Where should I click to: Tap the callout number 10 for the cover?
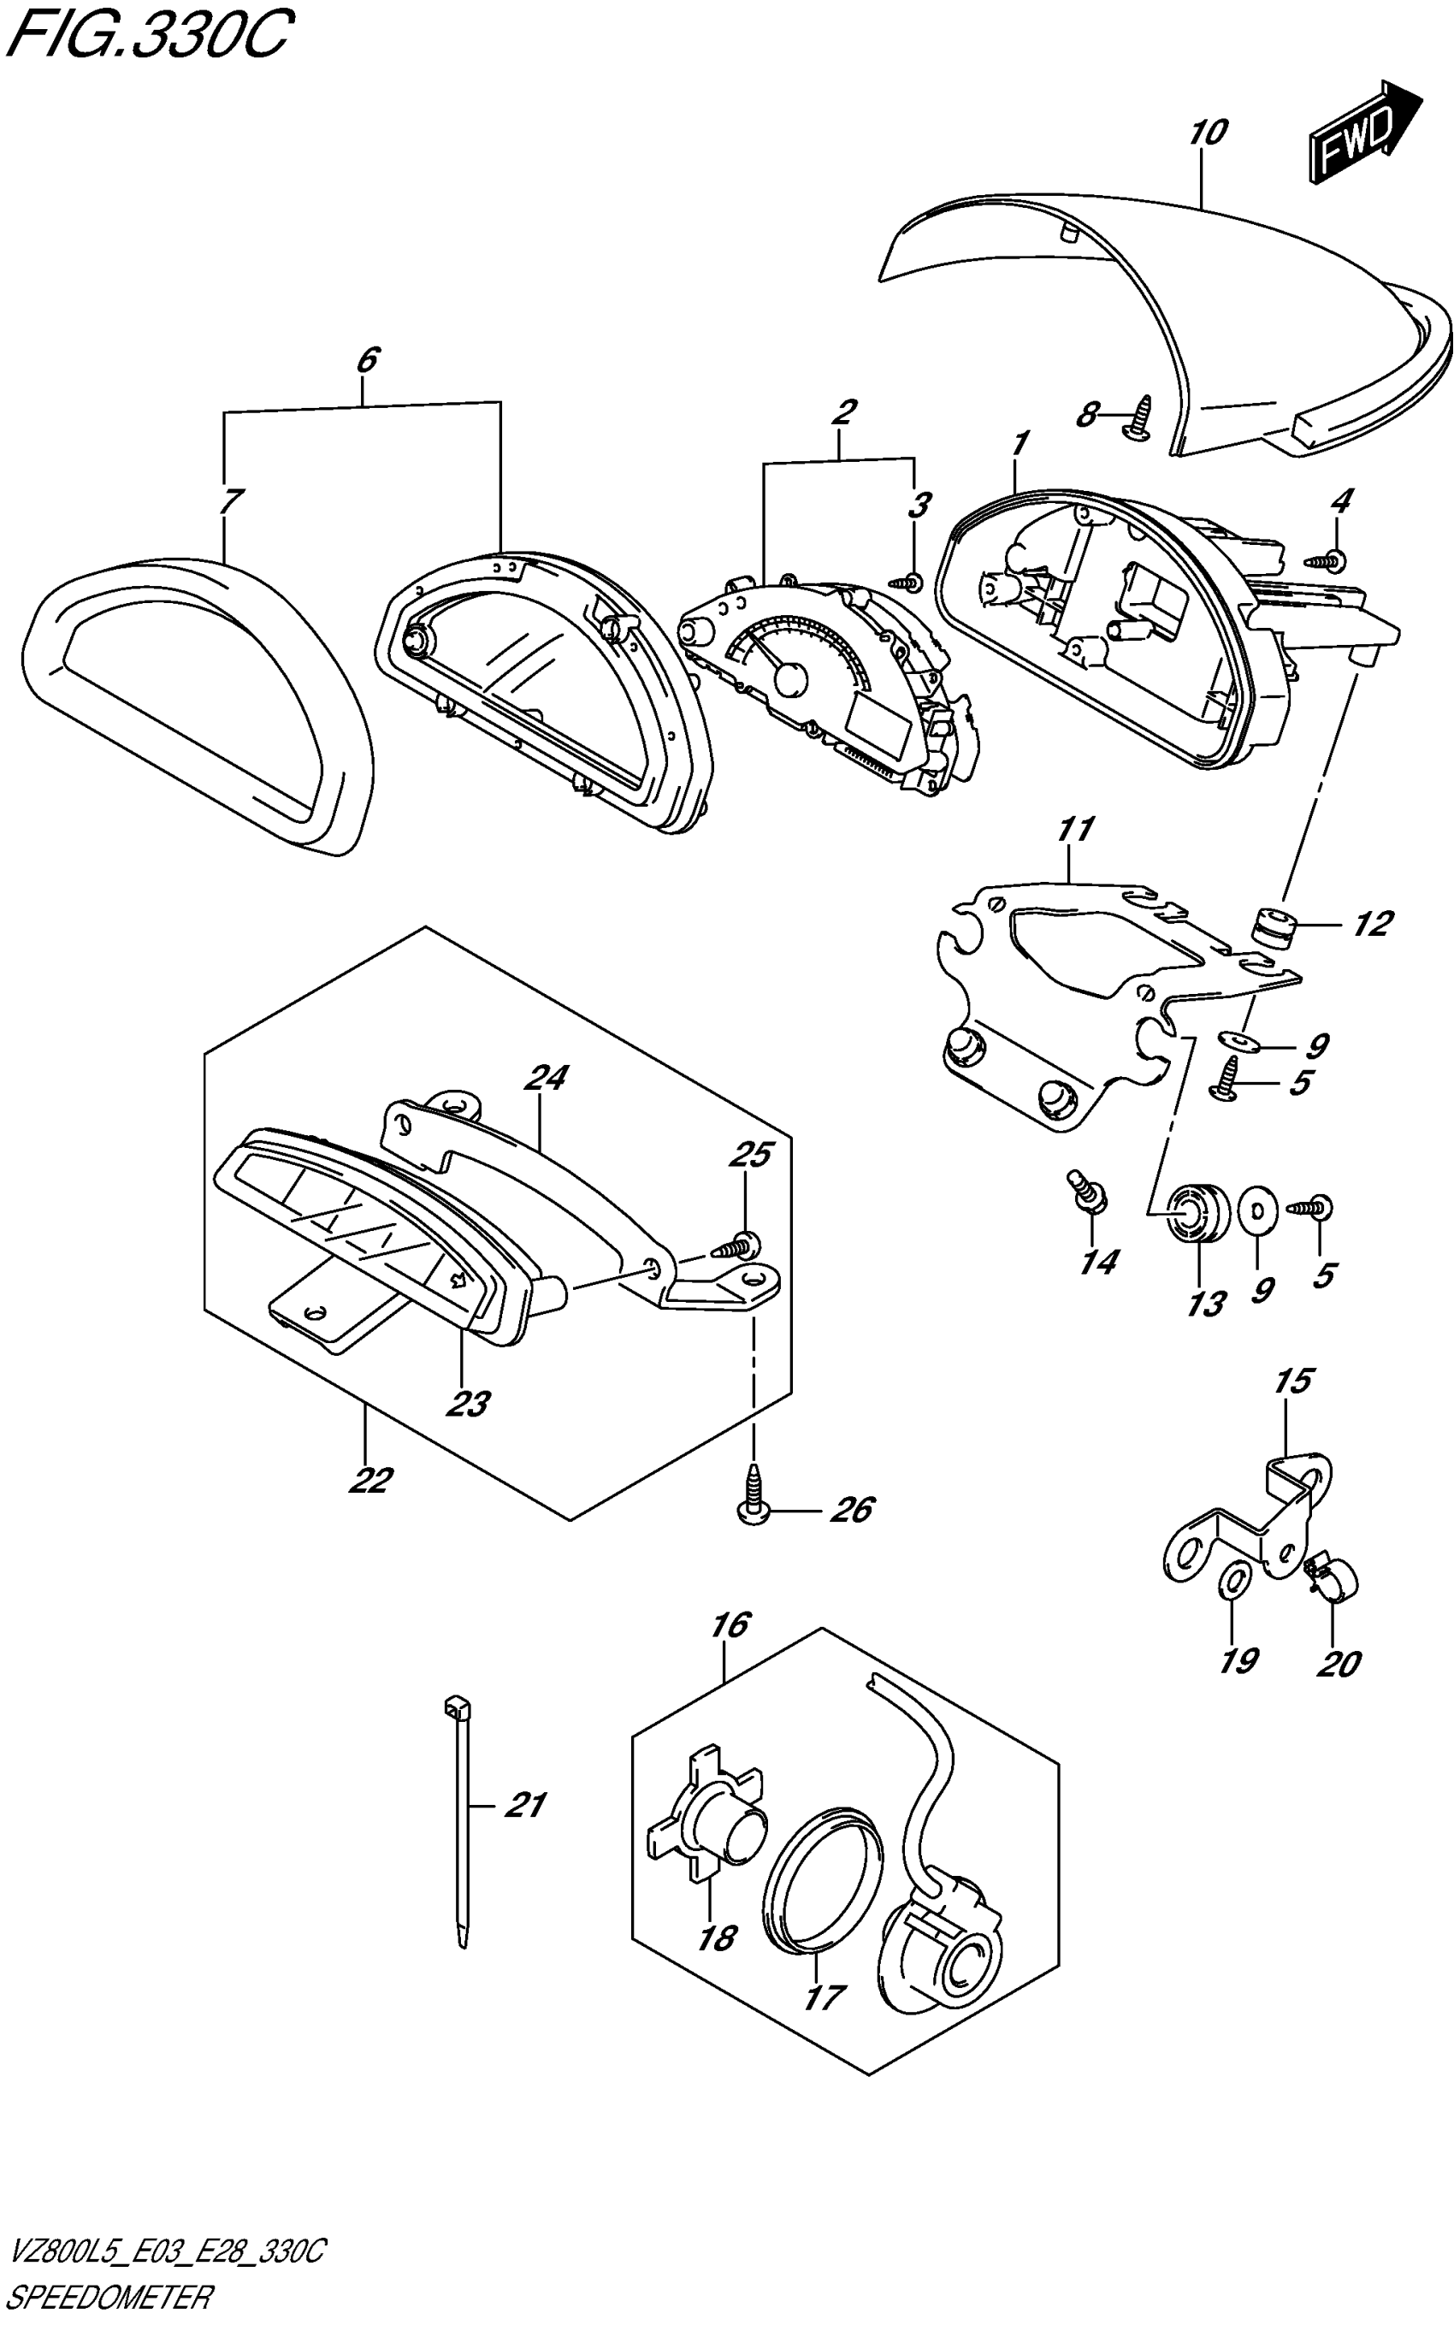pyautogui.click(x=1207, y=133)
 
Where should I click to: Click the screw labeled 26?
pyautogui.click(x=754, y=1489)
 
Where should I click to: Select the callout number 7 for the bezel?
pyautogui.click(x=231, y=501)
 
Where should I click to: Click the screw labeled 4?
pyautogui.click(x=1328, y=559)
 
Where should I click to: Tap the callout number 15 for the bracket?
pyautogui.click(x=1293, y=1381)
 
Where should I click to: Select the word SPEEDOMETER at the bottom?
pyautogui.click(x=108, y=2298)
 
